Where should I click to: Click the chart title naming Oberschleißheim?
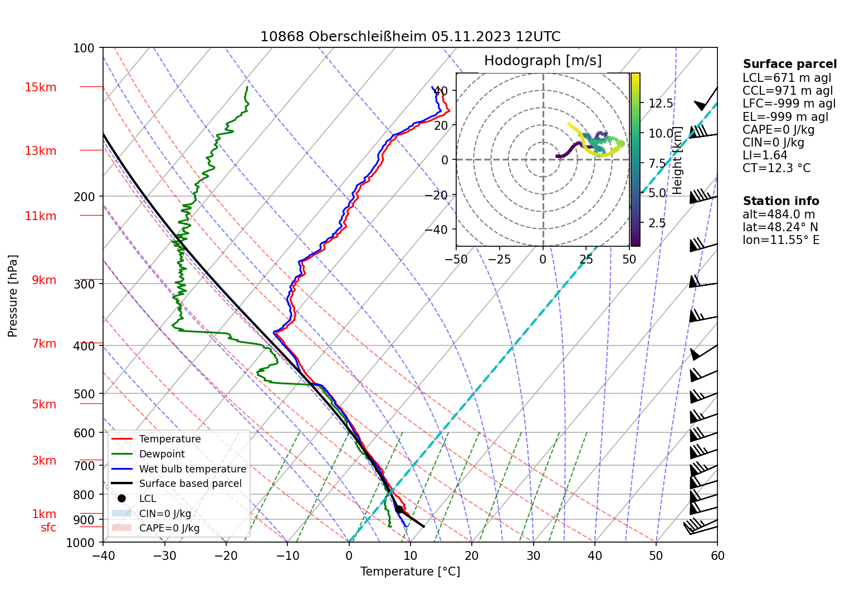[x=410, y=37]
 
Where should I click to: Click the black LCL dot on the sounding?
[x=399, y=509]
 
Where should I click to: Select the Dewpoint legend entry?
[x=162, y=454]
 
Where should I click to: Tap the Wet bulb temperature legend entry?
[x=192, y=469]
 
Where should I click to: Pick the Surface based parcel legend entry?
[x=190, y=484]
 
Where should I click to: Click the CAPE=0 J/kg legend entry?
[x=169, y=528]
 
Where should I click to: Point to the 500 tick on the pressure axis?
[x=84, y=394]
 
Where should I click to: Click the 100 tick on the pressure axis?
[x=84, y=48]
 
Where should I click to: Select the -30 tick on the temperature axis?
[x=164, y=555]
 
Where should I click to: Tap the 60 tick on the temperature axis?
[x=717, y=555]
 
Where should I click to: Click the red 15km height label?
[x=40, y=87]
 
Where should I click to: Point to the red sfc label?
[x=48, y=528]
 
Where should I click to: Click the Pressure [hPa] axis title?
[x=13, y=296]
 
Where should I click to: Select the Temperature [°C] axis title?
[x=410, y=572]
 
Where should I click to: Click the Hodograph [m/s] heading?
[x=543, y=61]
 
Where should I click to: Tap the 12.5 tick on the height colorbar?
[x=661, y=104]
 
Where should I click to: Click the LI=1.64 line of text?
[x=765, y=155]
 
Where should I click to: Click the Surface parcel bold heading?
[x=789, y=64]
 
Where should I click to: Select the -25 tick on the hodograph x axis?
[x=499, y=259]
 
